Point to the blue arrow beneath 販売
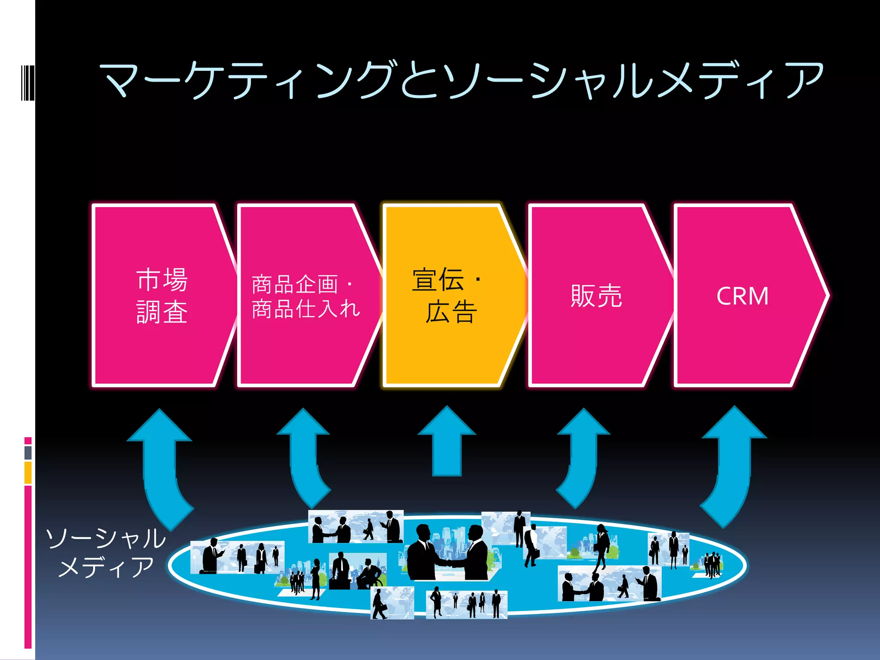[x=582, y=455]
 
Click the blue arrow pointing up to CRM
[x=733, y=464]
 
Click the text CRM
[x=742, y=296]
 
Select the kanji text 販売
[x=596, y=296]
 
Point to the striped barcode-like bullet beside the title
[x=27, y=82]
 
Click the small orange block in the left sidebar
[x=28, y=473]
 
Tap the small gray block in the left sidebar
[x=28, y=452]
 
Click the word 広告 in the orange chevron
[x=451, y=312]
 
